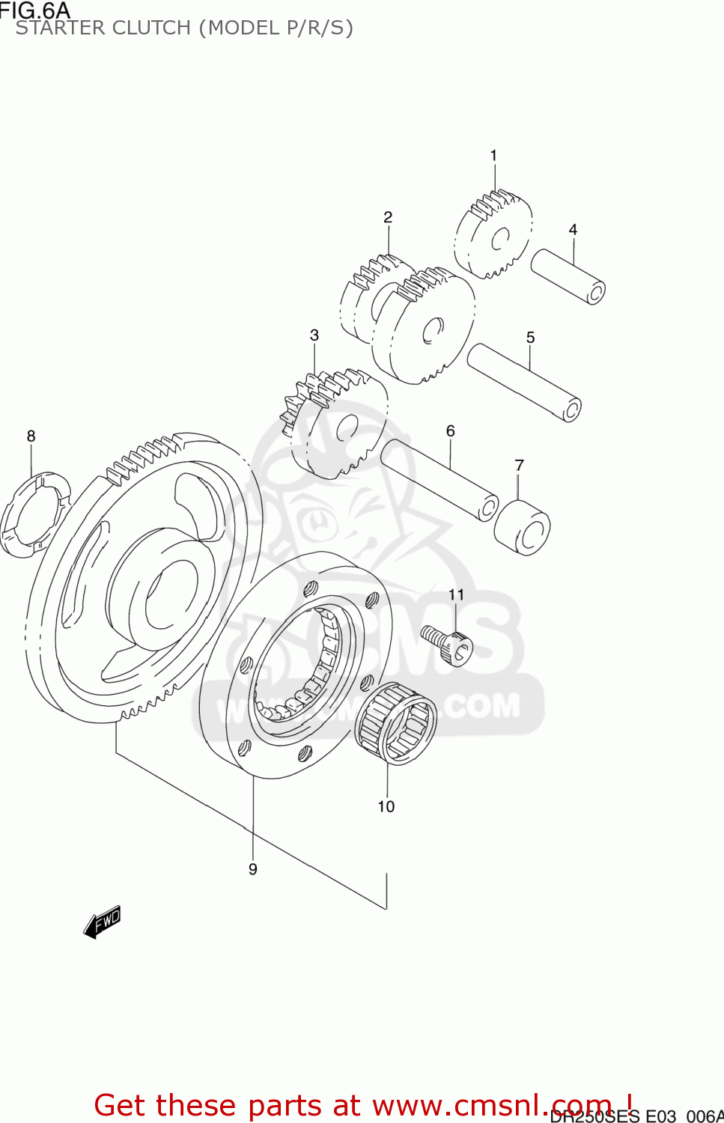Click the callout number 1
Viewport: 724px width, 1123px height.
click(x=493, y=156)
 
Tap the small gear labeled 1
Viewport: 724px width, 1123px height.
click(x=494, y=234)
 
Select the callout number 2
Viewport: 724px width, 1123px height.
click(x=388, y=217)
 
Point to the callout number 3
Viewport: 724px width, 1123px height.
click(x=314, y=335)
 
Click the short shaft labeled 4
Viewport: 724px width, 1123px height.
click(x=568, y=276)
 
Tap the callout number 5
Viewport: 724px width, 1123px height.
click(x=530, y=338)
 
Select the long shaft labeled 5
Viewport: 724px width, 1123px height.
click(x=524, y=382)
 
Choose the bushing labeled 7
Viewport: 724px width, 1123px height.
click(x=523, y=527)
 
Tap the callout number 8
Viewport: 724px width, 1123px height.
click(x=31, y=436)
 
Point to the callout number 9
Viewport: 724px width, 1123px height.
click(x=253, y=869)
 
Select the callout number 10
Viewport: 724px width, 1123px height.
click(x=386, y=806)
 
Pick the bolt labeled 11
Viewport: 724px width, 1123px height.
click(x=448, y=643)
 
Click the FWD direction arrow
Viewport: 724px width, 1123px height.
click(x=102, y=922)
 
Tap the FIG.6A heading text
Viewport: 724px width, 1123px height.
click(x=35, y=10)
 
